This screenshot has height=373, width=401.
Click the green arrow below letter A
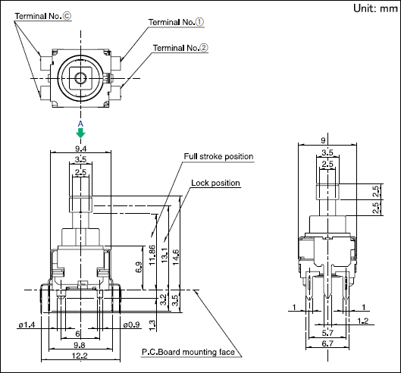pos(80,133)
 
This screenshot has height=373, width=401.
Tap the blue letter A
pos(80,124)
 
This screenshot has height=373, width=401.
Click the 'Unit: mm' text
pos(375,8)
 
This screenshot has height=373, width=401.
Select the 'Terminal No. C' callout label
pos(43,16)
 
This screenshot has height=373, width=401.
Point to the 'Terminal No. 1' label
pos(176,22)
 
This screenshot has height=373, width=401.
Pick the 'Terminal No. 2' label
pos(180,48)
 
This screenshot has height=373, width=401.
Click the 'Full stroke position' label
pos(218,156)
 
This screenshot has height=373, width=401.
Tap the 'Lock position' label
pos(215,183)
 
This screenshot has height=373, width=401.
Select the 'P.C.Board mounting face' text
pos(188,352)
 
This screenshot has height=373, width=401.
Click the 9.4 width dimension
pos(80,149)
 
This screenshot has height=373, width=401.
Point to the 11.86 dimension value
pos(152,255)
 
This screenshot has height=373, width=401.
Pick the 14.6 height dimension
pos(176,257)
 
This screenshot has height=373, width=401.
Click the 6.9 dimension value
pos(139,267)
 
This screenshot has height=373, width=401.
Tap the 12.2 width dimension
pos(80,356)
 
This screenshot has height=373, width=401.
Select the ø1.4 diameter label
pos(27,324)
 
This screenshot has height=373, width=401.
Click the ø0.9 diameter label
pos(131,324)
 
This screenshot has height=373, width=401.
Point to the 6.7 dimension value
pos(327,343)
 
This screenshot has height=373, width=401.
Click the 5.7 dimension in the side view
pos(327,333)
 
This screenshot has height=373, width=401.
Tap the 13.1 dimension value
pos(164,255)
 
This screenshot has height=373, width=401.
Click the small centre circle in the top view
pos(80,78)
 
